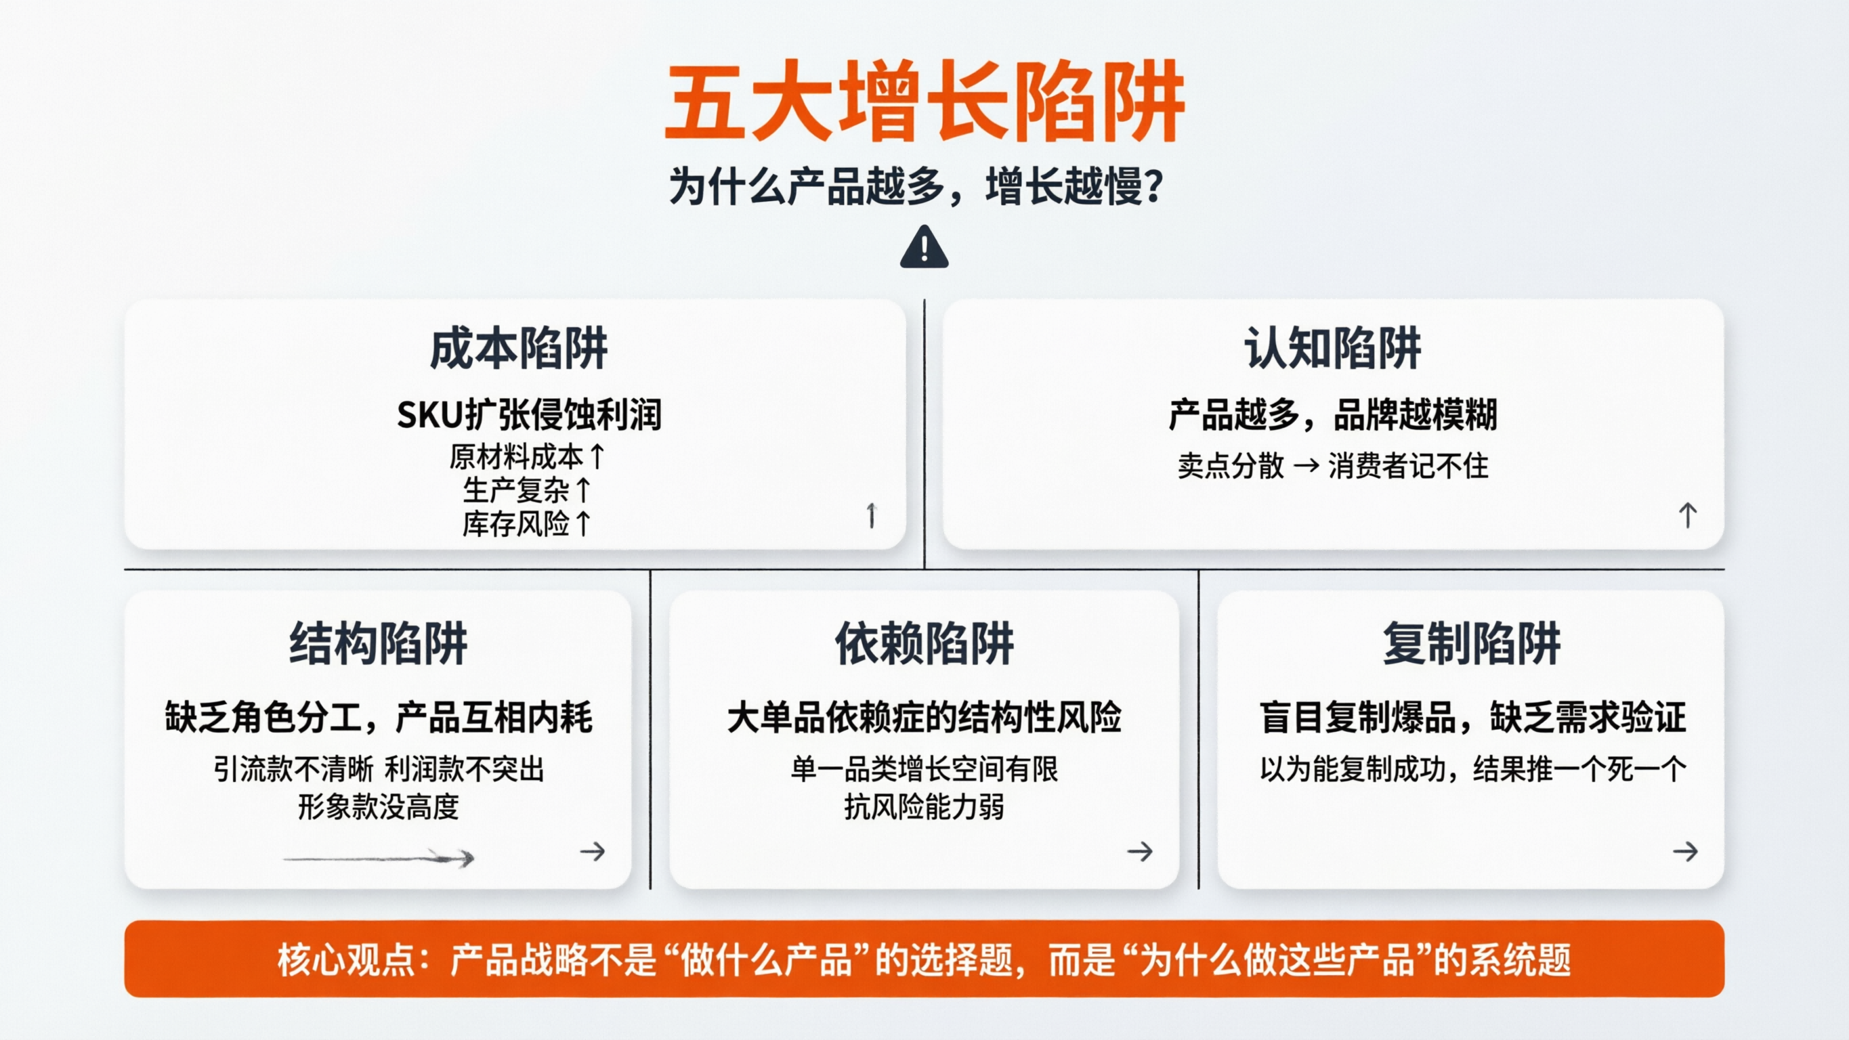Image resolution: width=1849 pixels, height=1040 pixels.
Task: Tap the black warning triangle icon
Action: pyautogui.click(x=924, y=248)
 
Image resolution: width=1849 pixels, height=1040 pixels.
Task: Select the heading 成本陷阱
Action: pyautogui.click(x=518, y=349)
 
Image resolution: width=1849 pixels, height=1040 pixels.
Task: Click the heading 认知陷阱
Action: pyautogui.click(x=1332, y=349)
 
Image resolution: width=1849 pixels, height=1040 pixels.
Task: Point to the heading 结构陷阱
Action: pyautogui.click(x=379, y=643)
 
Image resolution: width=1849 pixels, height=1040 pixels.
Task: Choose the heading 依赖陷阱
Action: pyautogui.click(x=924, y=643)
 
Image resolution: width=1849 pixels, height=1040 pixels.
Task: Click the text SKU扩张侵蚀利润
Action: pyautogui.click(x=529, y=415)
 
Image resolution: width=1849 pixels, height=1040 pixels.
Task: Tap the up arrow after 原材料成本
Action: pyautogui.click(x=597, y=456)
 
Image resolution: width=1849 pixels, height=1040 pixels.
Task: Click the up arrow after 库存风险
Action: pyautogui.click(x=584, y=524)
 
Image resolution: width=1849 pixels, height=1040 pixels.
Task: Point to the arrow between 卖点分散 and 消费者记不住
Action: pyautogui.click(x=1306, y=466)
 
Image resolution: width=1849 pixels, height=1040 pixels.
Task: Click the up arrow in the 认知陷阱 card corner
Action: pyautogui.click(x=1688, y=515)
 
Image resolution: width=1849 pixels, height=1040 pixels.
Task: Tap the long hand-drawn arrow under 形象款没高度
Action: pyautogui.click(x=379, y=857)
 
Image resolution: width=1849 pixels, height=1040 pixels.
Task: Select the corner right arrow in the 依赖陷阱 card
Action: pyautogui.click(x=1139, y=852)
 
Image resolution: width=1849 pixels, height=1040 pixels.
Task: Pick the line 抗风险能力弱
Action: pyautogui.click(x=924, y=806)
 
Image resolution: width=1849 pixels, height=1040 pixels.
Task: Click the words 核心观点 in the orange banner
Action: pyautogui.click(x=345, y=960)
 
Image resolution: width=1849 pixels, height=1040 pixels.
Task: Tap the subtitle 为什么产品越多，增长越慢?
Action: pyautogui.click(x=915, y=187)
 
